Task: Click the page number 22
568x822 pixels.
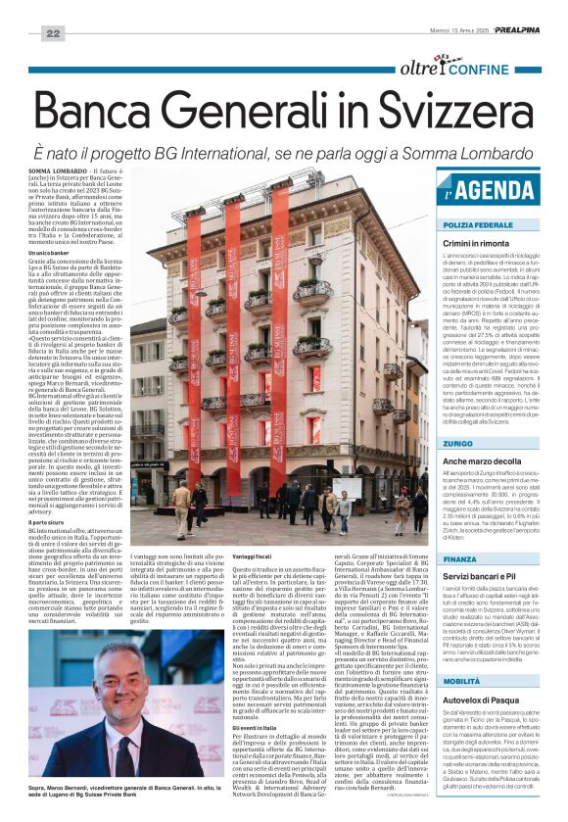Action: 52,34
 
